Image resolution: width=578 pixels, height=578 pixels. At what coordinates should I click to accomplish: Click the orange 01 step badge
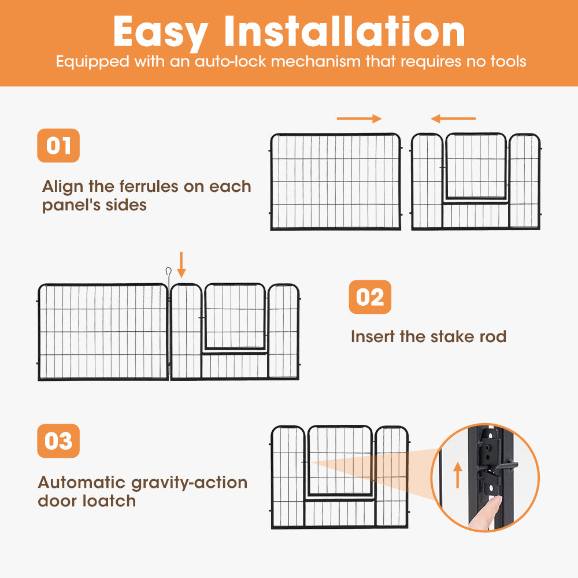[x=58, y=145]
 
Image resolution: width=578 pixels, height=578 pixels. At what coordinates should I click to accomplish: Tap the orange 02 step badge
[x=370, y=297]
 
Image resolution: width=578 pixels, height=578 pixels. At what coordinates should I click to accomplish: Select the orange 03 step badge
[x=58, y=441]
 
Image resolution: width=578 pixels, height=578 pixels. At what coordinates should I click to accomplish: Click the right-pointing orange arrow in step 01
[x=360, y=119]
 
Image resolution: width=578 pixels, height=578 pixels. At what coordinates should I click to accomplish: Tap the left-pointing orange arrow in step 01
[x=453, y=119]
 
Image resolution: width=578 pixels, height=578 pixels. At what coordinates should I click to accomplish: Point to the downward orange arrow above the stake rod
[x=181, y=265]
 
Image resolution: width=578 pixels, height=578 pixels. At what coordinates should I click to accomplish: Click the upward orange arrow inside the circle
[x=458, y=474]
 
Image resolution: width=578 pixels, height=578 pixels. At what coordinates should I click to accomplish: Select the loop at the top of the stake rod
[x=168, y=271]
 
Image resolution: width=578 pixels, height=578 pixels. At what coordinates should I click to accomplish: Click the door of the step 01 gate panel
[x=476, y=166]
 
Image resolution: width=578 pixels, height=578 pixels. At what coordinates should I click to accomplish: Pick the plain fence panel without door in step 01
[x=336, y=181]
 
